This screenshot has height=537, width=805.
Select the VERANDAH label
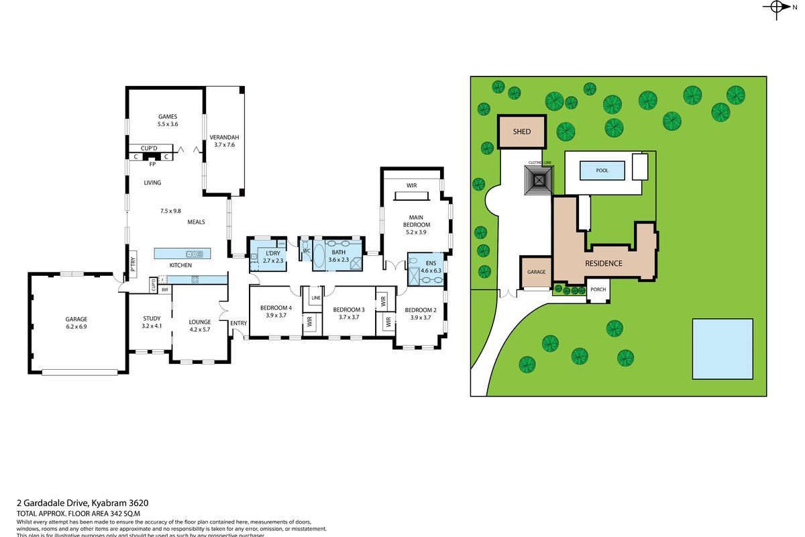[x=224, y=137]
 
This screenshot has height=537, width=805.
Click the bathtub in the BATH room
[x=318, y=255]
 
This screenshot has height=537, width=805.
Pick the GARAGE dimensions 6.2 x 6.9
[x=76, y=326]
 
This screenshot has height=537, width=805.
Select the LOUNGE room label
[x=200, y=322]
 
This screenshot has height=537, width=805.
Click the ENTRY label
[x=238, y=324]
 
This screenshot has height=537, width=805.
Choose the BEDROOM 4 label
[x=276, y=308]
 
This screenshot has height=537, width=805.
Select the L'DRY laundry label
[x=272, y=253]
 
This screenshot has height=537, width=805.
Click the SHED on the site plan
[x=522, y=132]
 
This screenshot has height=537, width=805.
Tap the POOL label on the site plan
[x=602, y=170]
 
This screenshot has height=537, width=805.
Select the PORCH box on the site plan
[x=597, y=290]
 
